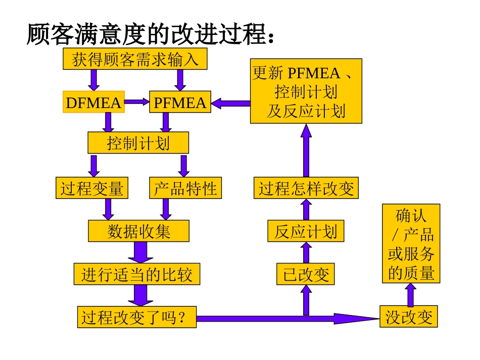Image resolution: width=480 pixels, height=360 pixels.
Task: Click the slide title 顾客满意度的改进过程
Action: click(151, 34)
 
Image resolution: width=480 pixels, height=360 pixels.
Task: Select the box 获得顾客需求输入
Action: click(135, 59)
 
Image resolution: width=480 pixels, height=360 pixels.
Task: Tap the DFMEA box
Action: click(93, 103)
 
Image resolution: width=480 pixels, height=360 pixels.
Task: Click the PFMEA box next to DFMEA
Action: click(180, 103)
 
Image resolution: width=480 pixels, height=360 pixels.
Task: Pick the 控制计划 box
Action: click(138, 143)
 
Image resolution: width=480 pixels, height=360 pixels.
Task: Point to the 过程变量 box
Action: click(91, 189)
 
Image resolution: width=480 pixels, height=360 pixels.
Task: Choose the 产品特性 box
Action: click(185, 189)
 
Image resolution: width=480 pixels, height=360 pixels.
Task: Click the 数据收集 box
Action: click(138, 231)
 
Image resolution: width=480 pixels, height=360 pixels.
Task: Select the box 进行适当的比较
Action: click(136, 275)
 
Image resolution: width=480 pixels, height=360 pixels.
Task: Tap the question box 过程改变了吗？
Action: click(136, 318)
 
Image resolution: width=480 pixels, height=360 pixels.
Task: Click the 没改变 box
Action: click(409, 318)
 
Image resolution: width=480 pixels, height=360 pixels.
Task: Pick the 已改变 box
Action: click(306, 275)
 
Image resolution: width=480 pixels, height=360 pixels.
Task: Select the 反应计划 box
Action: click(306, 232)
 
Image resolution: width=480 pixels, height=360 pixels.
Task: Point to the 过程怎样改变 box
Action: click(306, 189)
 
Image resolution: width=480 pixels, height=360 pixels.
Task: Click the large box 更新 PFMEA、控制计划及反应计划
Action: click(306, 90)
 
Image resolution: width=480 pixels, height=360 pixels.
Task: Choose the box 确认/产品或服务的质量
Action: click(411, 243)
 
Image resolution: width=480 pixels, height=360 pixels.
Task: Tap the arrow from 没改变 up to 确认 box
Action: click(411, 295)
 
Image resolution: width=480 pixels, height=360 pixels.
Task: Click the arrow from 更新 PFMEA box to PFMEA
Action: click(230, 104)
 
